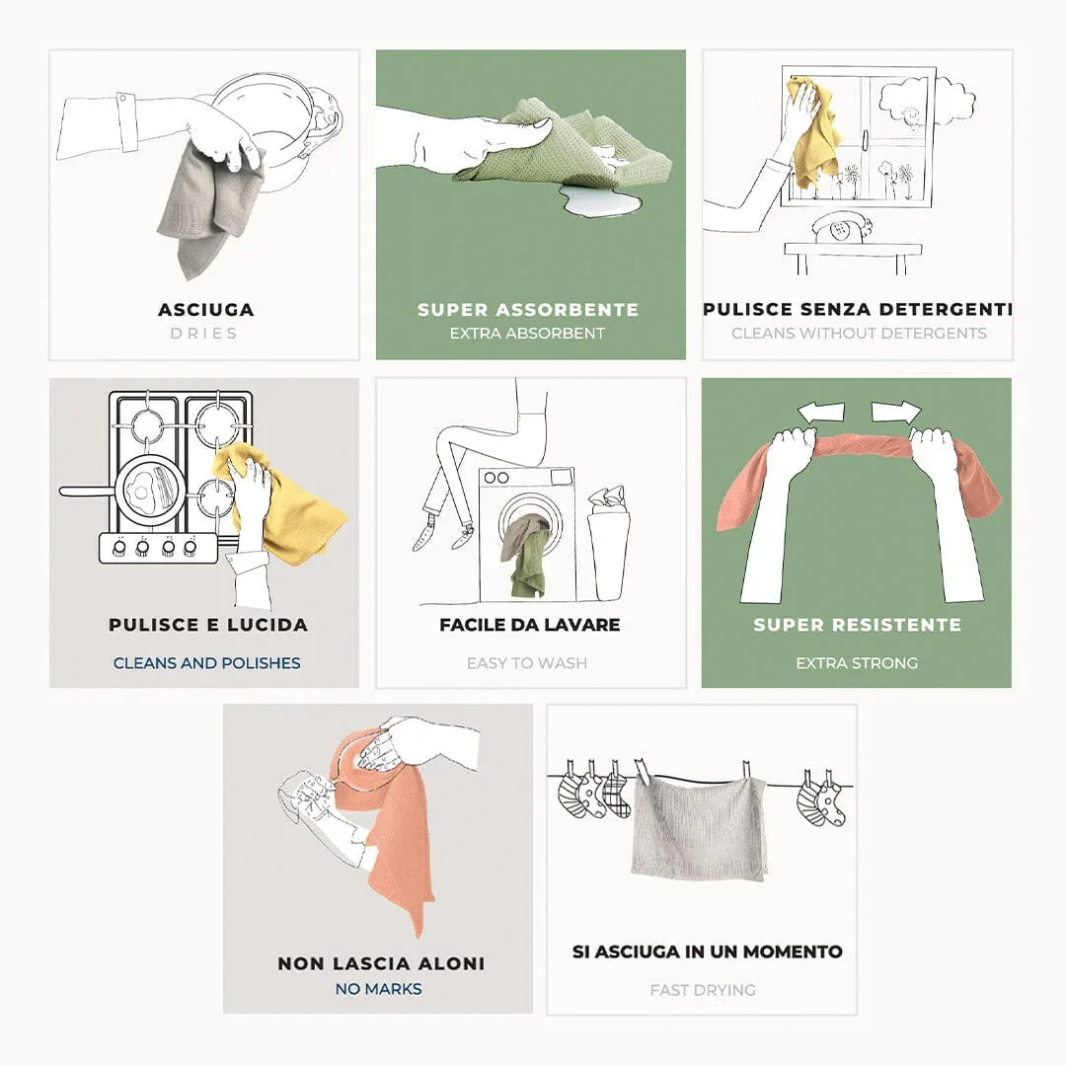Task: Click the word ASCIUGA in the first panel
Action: tap(206, 309)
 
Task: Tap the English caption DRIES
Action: tap(204, 334)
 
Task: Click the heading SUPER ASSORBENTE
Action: tap(527, 309)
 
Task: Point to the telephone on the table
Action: tap(842, 228)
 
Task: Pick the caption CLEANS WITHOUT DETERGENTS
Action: tap(859, 334)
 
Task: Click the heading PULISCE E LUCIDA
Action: tap(208, 625)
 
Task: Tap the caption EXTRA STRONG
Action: tap(857, 663)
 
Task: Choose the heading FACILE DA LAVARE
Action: tap(530, 625)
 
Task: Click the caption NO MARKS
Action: tap(379, 988)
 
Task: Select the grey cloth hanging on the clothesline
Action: tap(700, 829)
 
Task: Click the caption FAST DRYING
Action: tap(703, 990)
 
